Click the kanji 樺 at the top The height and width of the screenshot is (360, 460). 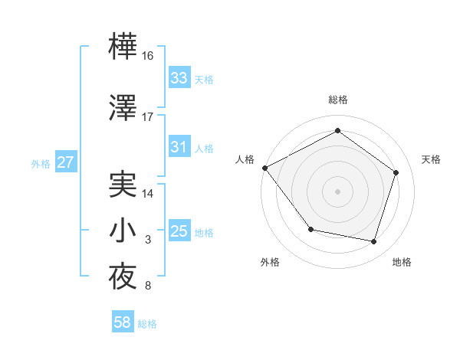[123, 49]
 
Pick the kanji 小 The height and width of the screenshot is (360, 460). [123, 231]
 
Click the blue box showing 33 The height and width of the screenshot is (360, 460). [179, 78]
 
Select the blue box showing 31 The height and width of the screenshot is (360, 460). [179, 147]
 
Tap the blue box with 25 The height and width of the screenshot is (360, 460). [179, 231]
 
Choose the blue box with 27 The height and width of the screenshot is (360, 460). [65, 162]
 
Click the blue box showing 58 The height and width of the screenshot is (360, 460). [122, 322]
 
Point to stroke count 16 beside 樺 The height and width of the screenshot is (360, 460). [148, 57]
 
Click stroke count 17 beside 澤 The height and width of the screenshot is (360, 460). [148, 117]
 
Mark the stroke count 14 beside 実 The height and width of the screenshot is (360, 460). [148, 194]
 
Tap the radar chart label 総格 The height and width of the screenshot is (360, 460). [337, 100]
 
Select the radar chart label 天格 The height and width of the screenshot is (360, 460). [431, 159]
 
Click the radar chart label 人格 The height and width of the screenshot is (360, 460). [245, 159]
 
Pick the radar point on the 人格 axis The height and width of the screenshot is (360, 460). [264, 168]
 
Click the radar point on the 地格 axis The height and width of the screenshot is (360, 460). [373, 242]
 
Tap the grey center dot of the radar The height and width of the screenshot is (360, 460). [337, 191]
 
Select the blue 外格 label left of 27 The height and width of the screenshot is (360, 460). [41, 163]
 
